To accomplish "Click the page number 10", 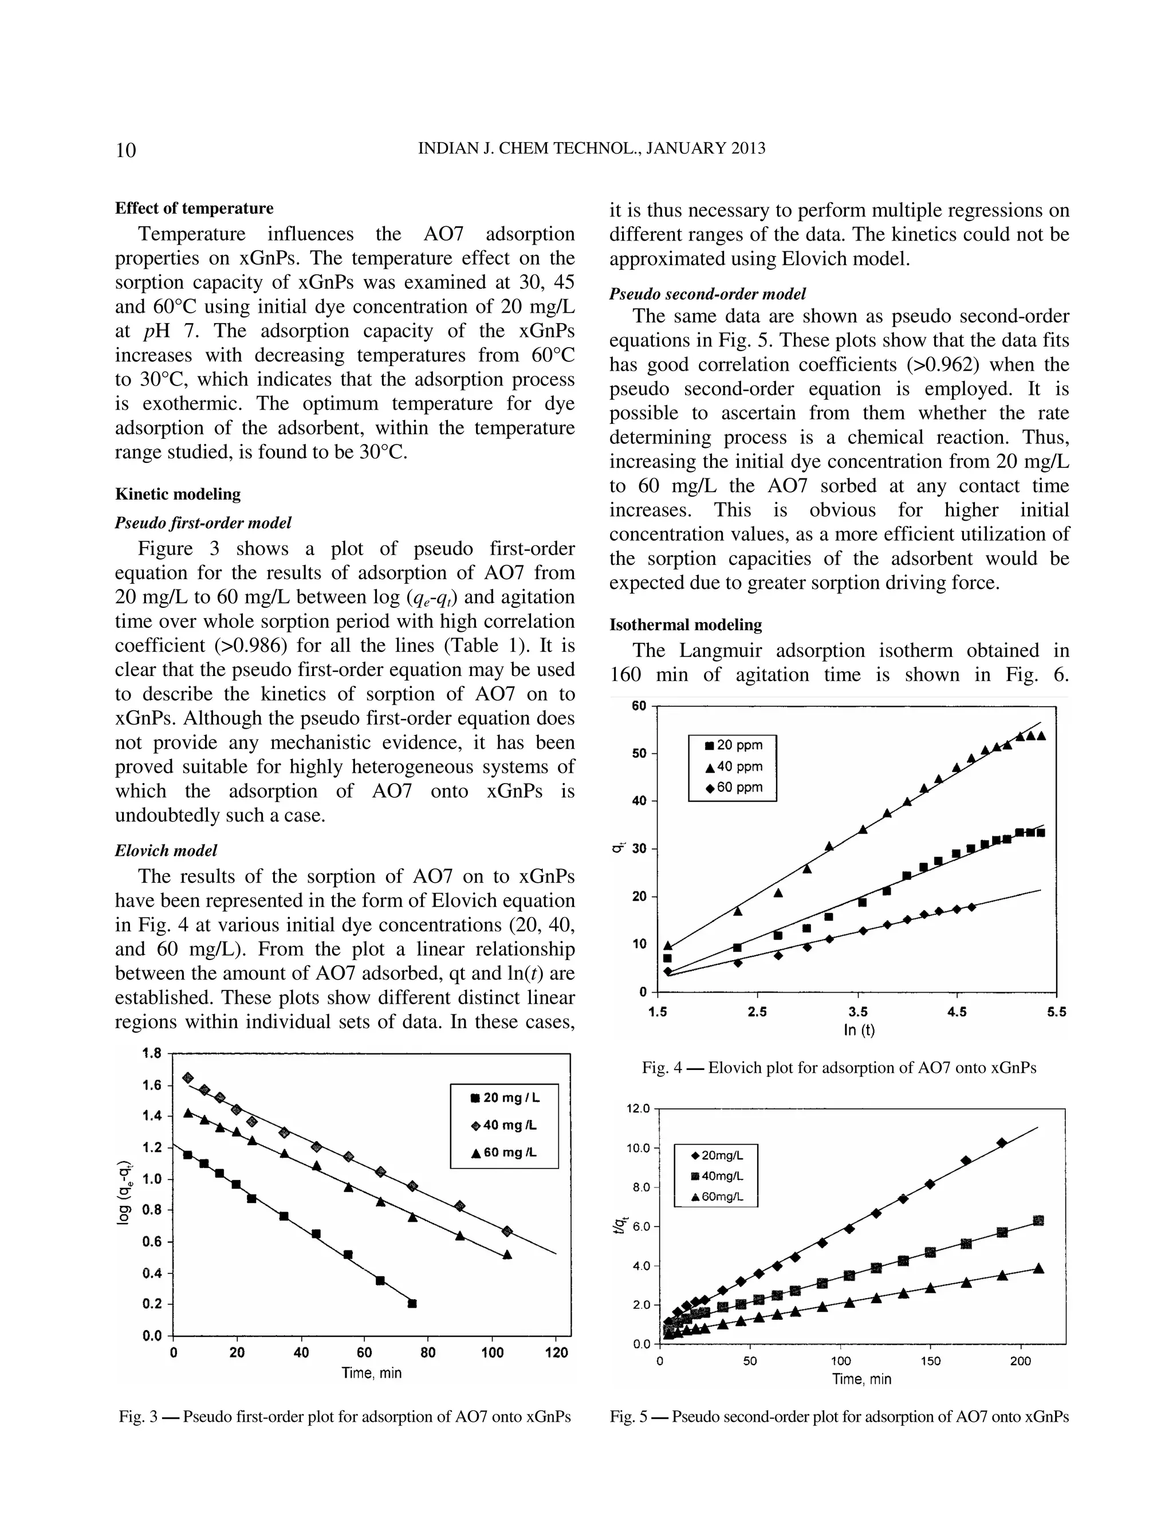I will tap(126, 150).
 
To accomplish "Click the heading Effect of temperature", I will tap(194, 209).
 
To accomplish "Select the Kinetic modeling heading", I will tap(178, 494).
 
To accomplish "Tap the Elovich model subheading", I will tap(166, 850).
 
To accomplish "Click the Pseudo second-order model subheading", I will tap(707, 294).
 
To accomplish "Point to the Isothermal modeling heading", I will tap(685, 625).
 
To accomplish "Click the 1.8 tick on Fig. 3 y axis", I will tap(151, 1053).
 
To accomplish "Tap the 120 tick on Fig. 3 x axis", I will tap(556, 1352).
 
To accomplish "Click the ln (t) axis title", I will tap(859, 1030).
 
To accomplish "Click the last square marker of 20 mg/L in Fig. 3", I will tap(412, 1303).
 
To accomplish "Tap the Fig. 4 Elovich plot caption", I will tap(839, 1068).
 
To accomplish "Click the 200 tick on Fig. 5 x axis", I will tap(1020, 1361).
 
